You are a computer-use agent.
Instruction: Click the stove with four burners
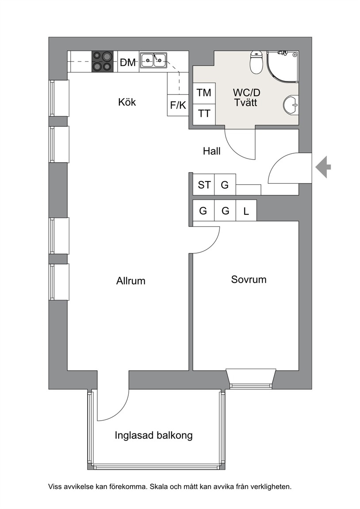click(103, 62)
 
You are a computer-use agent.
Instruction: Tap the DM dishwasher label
click(128, 62)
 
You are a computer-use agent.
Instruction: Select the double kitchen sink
click(153, 60)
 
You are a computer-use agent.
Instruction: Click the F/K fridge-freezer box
click(178, 105)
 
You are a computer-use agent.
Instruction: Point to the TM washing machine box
click(204, 93)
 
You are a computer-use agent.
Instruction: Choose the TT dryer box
click(204, 114)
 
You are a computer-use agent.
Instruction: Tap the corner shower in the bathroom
click(282, 66)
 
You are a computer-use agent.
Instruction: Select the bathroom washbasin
click(291, 105)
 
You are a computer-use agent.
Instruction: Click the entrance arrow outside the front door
click(323, 167)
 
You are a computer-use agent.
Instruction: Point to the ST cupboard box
click(204, 185)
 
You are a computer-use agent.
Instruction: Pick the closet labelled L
click(246, 211)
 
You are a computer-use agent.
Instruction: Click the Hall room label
click(212, 151)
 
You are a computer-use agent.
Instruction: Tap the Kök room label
click(127, 102)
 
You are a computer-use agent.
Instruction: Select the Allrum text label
click(131, 281)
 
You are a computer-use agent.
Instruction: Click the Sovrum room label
click(249, 280)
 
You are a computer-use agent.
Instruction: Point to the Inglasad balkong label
click(153, 435)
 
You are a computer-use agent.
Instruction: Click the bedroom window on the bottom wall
click(251, 379)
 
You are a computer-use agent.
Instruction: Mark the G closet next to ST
click(225, 185)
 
